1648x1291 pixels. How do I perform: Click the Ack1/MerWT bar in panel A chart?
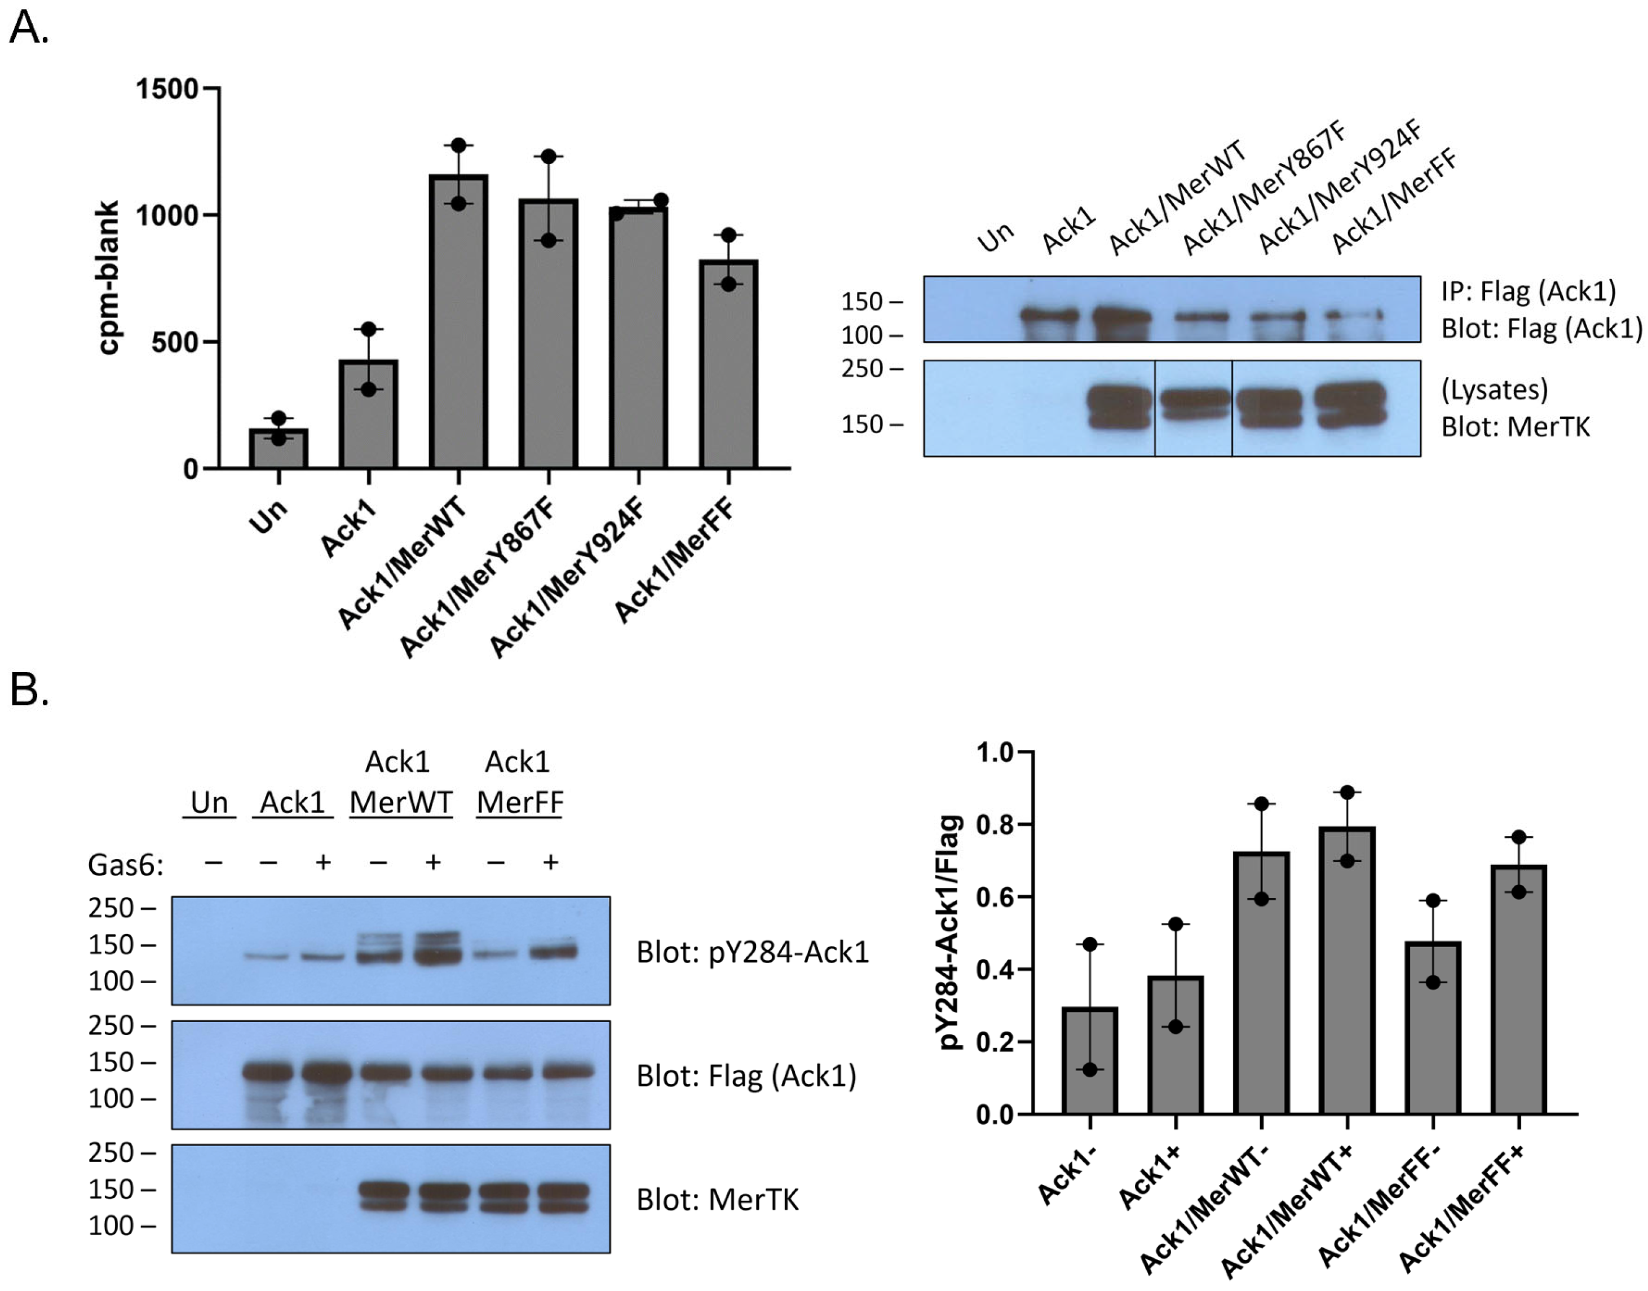coord(458,321)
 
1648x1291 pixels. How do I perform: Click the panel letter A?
coord(28,28)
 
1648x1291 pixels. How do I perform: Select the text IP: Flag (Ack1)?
coord(1528,291)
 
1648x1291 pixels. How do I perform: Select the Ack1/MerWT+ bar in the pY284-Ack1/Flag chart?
coord(1347,971)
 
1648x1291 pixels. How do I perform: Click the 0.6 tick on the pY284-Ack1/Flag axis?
coord(995,897)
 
